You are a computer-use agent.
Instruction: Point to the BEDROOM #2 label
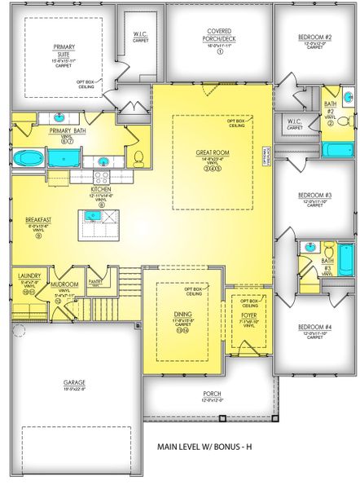click(x=314, y=37)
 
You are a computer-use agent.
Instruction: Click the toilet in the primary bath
click(x=138, y=156)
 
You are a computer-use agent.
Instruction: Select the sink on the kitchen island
click(x=91, y=217)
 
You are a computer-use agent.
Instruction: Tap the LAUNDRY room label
click(x=29, y=276)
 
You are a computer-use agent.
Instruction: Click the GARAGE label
click(x=75, y=382)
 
